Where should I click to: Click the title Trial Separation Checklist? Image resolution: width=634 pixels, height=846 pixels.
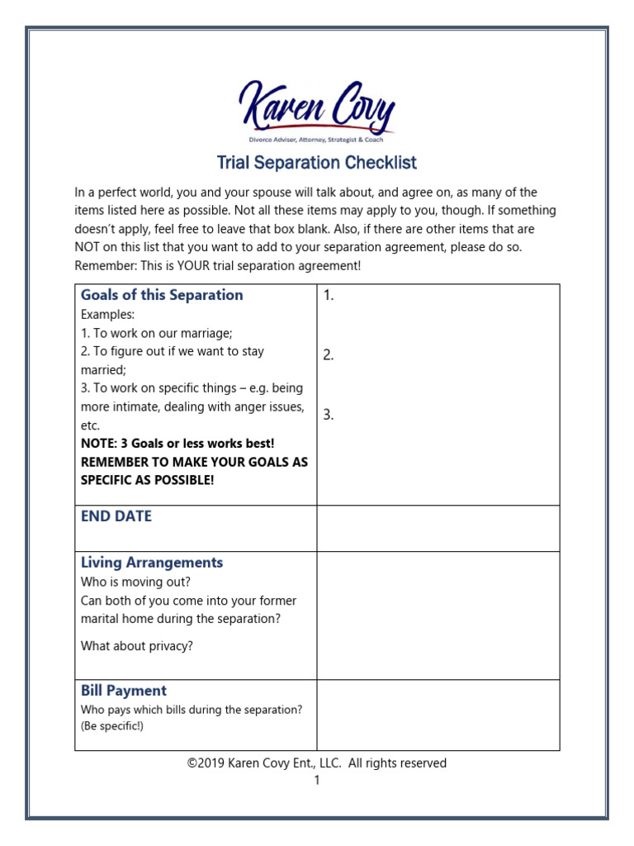click(317, 163)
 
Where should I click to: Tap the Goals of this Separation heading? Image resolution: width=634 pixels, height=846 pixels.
click(162, 295)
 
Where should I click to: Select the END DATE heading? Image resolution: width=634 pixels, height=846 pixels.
click(116, 516)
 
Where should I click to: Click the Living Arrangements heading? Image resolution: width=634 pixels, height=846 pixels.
click(152, 563)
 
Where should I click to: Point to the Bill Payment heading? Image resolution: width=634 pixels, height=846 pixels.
click(124, 691)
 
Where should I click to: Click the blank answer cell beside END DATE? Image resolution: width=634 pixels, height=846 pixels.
click(438, 528)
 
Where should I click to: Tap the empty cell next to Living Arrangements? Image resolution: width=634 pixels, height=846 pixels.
click(438, 615)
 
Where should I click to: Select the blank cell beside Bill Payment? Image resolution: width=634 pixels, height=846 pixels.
click(438, 715)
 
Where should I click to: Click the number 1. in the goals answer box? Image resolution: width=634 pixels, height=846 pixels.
click(329, 296)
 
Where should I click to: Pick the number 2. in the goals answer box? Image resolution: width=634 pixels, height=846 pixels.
click(329, 355)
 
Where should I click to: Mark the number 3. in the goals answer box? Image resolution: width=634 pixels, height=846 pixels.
click(329, 415)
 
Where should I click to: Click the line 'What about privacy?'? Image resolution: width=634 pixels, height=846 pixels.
click(137, 646)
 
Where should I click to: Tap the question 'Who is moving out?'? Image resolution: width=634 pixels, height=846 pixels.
click(135, 582)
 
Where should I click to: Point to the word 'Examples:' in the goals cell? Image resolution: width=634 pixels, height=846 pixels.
click(107, 315)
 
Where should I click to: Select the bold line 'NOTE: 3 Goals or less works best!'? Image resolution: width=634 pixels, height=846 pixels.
click(177, 444)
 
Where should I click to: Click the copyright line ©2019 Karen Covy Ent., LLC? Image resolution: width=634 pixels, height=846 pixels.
click(317, 763)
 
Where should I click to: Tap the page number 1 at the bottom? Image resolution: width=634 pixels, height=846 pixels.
click(316, 780)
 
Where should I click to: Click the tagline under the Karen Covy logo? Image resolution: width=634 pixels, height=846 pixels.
click(317, 141)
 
